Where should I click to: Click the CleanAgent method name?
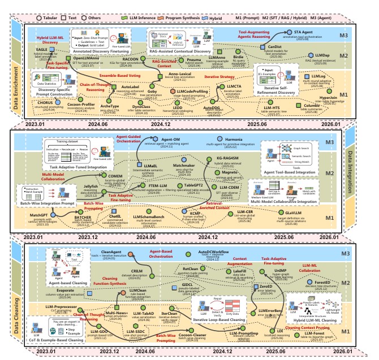(x=111, y=251)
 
